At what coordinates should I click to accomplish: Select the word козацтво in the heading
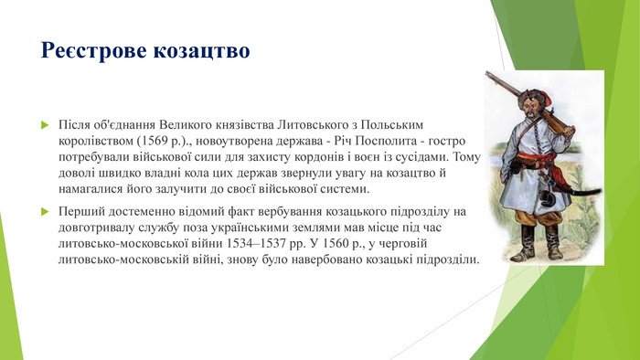(x=204, y=49)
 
